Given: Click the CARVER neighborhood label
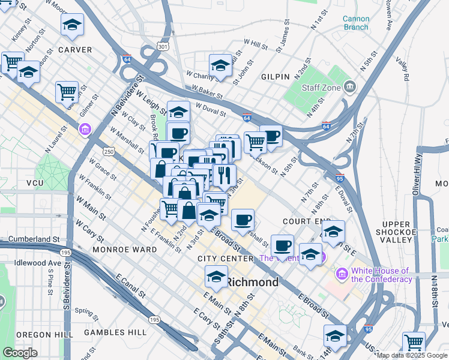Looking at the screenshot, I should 75,50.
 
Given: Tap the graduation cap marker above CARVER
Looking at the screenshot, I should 72,25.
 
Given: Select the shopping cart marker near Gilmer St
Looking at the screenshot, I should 67,92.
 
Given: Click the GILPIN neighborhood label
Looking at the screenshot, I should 276,77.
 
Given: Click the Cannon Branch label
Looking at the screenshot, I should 356,23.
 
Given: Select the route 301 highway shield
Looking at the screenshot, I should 161,46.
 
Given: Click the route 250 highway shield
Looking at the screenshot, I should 108,152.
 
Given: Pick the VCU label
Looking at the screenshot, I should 36,183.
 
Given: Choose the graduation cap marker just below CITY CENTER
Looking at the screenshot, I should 215,277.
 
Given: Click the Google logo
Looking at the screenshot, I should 20,353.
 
